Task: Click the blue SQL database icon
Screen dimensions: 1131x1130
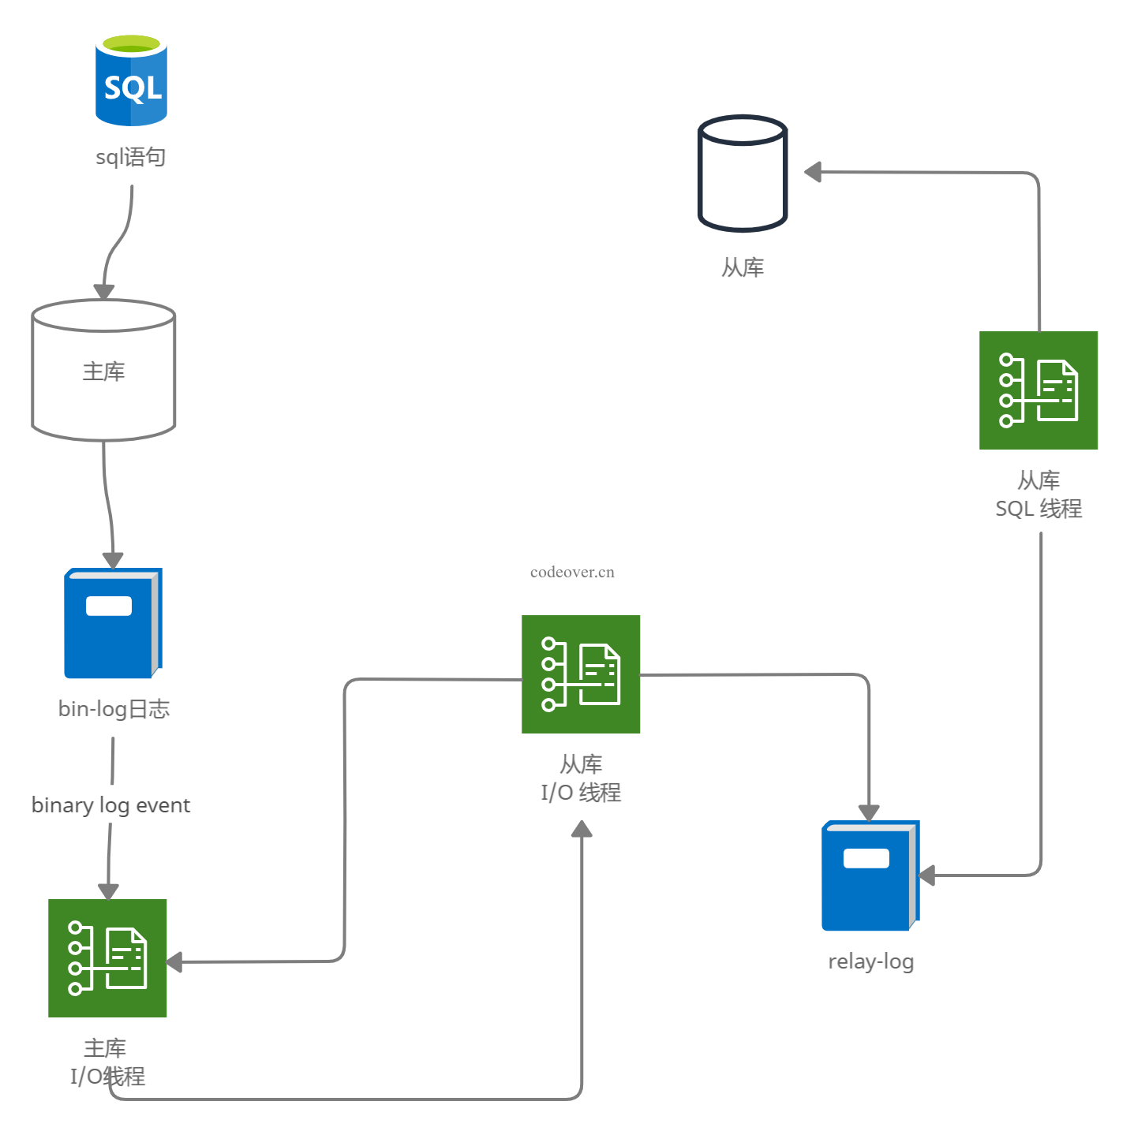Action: pyautogui.click(x=131, y=80)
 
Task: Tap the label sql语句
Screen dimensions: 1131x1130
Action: pyautogui.click(x=130, y=157)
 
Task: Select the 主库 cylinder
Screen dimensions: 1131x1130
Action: pyautogui.click(x=103, y=370)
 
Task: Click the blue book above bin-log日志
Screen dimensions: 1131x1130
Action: pyautogui.click(x=113, y=623)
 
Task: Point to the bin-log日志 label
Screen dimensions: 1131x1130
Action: pyautogui.click(x=114, y=709)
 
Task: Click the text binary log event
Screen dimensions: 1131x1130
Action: pyautogui.click(x=110, y=805)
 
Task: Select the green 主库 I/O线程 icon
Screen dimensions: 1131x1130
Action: pyautogui.click(x=107, y=957)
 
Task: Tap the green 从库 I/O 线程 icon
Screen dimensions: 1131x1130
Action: pyautogui.click(x=581, y=674)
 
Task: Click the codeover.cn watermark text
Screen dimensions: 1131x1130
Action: pyautogui.click(x=572, y=573)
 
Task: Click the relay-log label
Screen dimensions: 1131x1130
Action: pyautogui.click(x=870, y=961)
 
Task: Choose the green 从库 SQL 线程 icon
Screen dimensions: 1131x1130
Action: pyautogui.click(x=1038, y=390)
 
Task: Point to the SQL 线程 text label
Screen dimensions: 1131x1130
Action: pyautogui.click(x=1038, y=509)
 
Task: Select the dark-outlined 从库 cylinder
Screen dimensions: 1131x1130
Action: pyautogui.click(x=743, y=174)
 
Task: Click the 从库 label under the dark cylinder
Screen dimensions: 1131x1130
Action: pyautogui.click(x=743, y=267)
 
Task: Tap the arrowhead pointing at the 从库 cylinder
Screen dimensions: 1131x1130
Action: pyautogui.click(x=813, y=172)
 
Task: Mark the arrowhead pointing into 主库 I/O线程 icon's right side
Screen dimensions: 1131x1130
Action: pyautogui.click(x=174, y=962)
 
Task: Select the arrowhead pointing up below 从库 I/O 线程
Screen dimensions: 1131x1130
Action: pyautogui.click(x=582, y=829)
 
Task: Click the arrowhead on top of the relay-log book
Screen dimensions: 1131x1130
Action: pyautogui.click(x=869, y=813)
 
